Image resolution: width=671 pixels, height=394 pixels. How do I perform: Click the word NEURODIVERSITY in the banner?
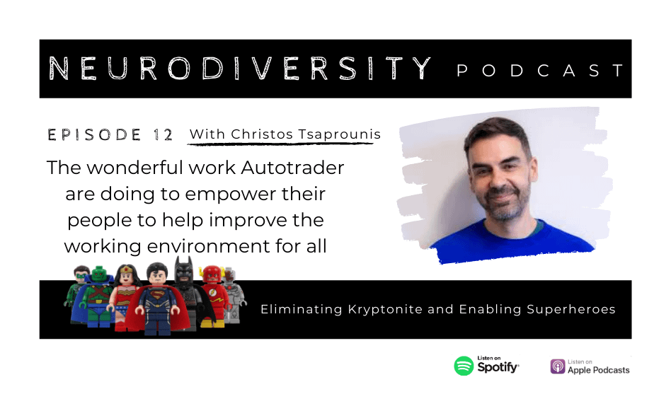240,69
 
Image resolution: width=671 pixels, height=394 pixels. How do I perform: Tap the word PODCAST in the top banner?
541,71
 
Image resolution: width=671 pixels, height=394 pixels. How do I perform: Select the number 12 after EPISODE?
163,135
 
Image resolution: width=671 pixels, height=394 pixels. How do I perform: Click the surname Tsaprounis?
339,134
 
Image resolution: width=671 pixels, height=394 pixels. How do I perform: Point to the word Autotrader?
292,167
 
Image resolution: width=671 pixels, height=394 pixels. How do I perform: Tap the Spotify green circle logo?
464,366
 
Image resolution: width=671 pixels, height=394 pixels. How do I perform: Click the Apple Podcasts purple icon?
558,366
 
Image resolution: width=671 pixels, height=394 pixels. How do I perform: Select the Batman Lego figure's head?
184,269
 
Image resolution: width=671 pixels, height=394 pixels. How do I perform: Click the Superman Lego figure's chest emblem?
157,296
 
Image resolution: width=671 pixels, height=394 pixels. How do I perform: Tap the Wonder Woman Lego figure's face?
127,278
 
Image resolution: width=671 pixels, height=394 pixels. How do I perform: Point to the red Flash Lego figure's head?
212,274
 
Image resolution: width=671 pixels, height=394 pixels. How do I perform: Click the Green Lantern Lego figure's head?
81,274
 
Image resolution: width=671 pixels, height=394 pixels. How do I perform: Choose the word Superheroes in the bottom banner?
571,309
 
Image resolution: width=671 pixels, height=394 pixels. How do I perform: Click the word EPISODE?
94,135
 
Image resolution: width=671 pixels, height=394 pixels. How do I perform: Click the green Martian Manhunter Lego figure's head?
99,274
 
